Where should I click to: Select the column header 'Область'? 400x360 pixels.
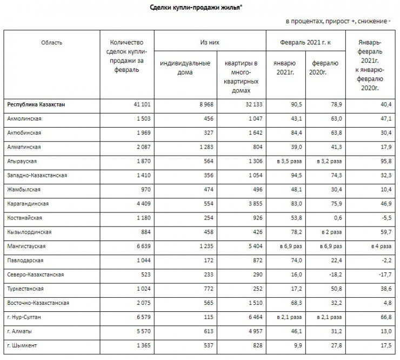(x=51, y=42)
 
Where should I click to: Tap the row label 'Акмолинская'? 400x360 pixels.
(x=24, y=118)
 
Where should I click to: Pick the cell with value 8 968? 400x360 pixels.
(x=199, y=104)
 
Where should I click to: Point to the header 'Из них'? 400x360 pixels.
(x=210, y=42)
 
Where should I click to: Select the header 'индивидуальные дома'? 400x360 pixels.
(x=185, y=68)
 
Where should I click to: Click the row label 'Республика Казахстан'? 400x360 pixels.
(x=37, y=104)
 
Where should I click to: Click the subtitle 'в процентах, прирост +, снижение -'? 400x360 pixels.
(x=338, y=22)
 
